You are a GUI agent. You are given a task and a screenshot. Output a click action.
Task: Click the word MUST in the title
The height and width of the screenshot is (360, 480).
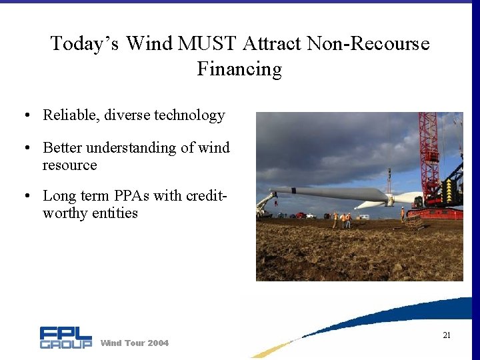click(x=209, y=44)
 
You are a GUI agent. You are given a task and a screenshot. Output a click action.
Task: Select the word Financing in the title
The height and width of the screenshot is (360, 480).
click(x=239, y=69)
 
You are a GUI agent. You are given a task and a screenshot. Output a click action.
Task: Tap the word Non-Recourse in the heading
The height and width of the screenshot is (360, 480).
click(x=368, y=44)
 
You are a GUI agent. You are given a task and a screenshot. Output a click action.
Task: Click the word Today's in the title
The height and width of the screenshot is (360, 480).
click(x=85, y=44)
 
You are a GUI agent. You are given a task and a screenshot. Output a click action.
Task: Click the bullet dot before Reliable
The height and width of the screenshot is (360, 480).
click(x=25, y=116)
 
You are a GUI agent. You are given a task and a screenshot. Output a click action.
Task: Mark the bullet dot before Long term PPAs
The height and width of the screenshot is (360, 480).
click(x=25, y=197)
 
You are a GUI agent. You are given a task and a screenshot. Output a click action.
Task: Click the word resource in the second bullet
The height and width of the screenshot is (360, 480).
click(x=69, y=165)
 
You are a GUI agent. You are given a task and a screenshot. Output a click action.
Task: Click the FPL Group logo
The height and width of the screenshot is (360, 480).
click(x=65, y=337)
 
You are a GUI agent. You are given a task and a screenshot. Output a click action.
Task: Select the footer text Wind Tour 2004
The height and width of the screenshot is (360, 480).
click(x=134, y=343)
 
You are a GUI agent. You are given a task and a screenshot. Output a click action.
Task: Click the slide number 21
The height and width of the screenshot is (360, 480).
click(x=447, y=335)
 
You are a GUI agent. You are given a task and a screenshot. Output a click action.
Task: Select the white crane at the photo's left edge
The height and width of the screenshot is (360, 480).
click(x=265, y=203)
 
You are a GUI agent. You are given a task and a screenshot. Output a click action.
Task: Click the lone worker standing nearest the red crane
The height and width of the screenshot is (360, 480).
click(x=402, y=214)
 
